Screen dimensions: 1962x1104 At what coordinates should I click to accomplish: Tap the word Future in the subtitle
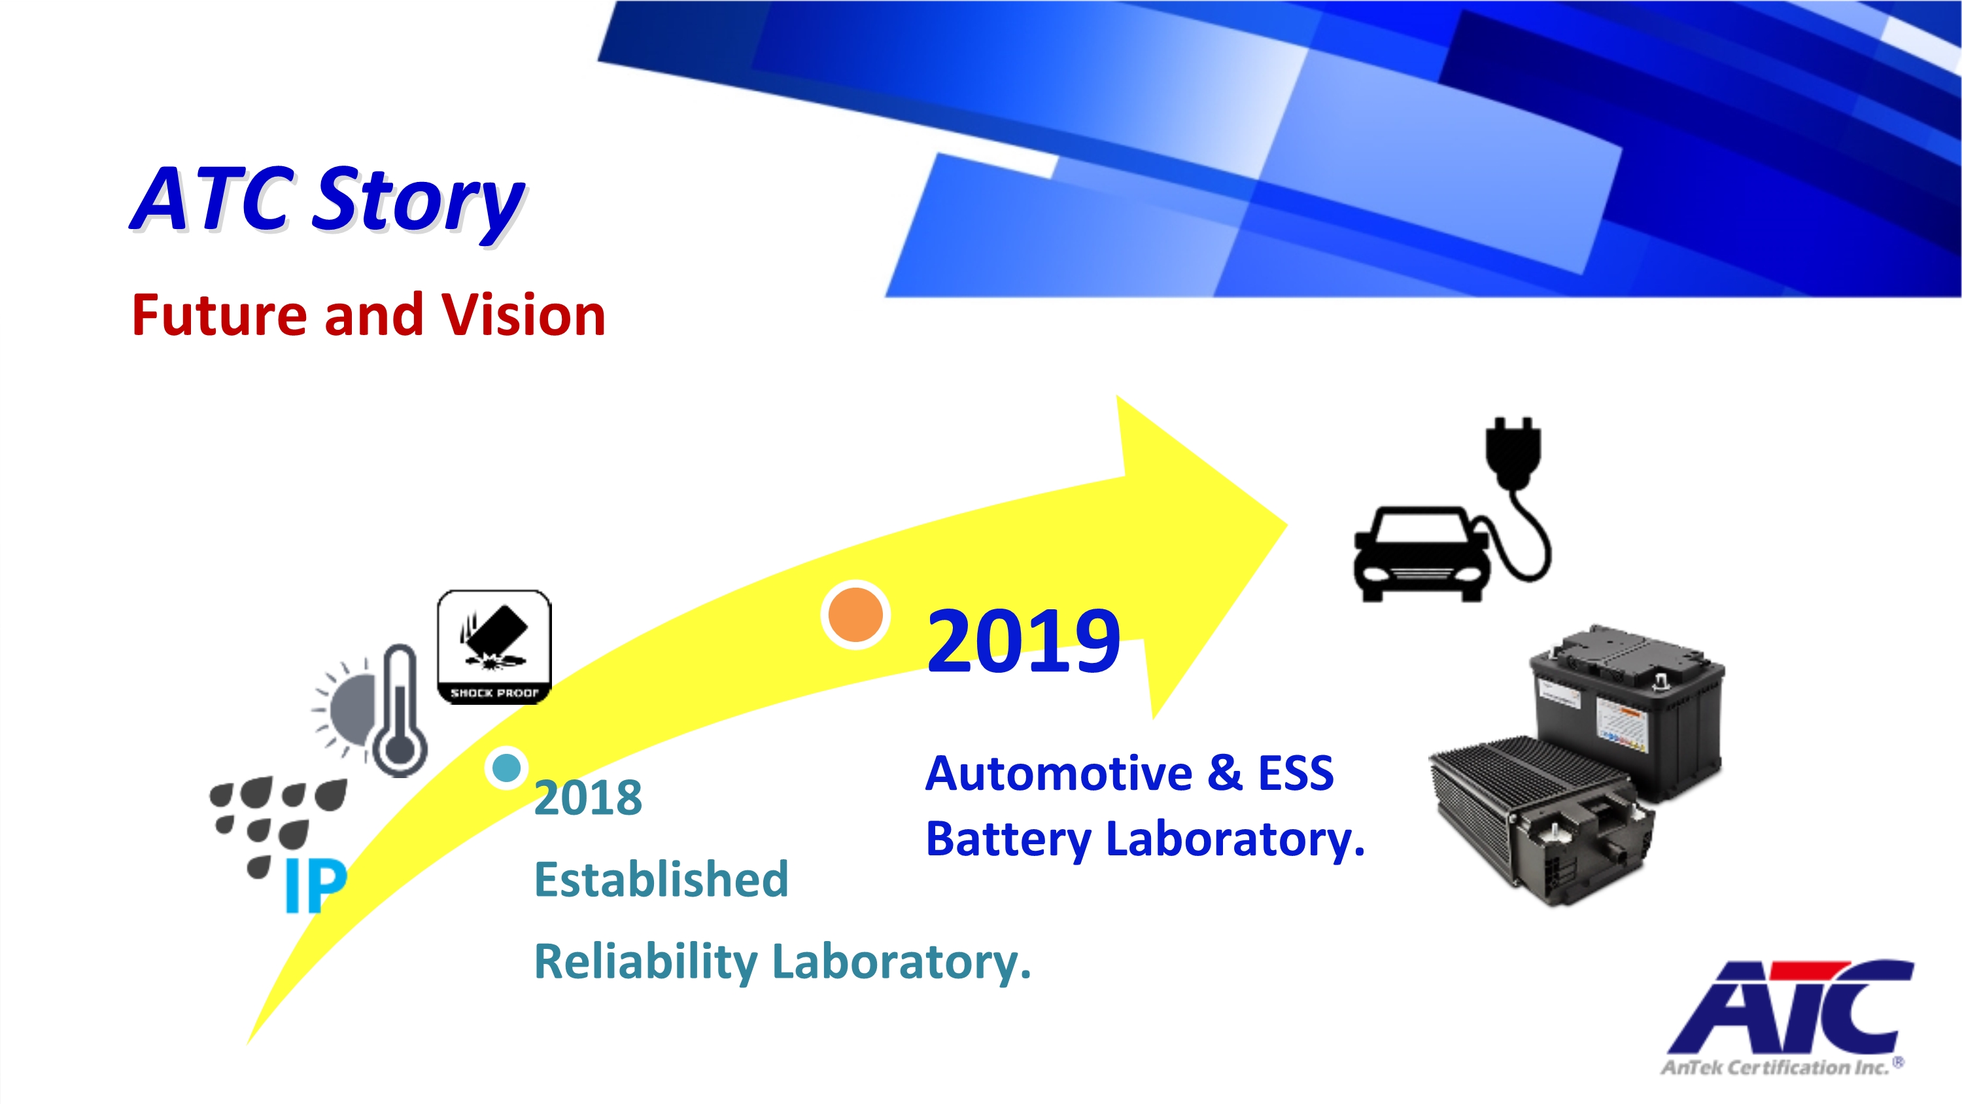tap(222, 315)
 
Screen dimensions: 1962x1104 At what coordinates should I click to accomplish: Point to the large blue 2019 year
tap(1023, 641)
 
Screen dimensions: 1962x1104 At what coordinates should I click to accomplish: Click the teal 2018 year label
tap(588, 798)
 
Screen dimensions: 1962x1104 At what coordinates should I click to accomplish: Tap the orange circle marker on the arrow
tap(855, 615)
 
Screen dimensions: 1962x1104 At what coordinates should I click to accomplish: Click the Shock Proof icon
tap(494, 647)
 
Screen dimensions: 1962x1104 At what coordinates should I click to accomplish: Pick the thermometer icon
tap(400, 710)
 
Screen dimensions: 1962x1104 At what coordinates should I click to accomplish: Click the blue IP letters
tap(315, 885)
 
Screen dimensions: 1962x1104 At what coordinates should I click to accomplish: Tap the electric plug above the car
tap(1513, 453)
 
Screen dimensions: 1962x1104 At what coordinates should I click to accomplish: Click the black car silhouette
tap(1421, 554)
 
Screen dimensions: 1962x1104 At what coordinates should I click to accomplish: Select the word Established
tap(661, 880)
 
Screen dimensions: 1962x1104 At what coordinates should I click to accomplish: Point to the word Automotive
tap(1059, 774)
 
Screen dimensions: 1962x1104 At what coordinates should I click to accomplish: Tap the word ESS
tap(1296, 774)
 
